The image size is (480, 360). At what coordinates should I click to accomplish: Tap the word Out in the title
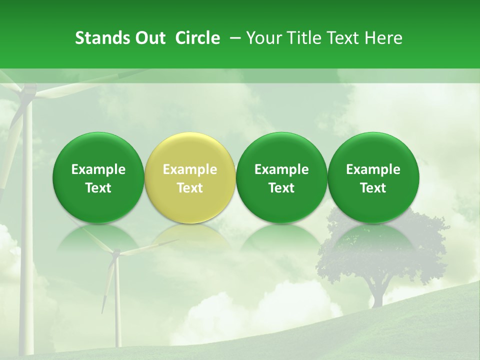click(x=149, y=38)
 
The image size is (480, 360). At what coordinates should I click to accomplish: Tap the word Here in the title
click(x=383, y=38)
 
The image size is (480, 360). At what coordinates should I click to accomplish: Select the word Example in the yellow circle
click(x=190, y=169)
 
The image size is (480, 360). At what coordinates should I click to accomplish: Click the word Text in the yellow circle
click(x=190, y=188)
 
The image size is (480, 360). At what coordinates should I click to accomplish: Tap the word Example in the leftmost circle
click(x=98, y=169)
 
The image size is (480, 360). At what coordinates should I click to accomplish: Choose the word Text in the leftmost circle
click(x=98, y=188)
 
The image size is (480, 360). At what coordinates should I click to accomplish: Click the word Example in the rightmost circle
click(x=373, y=169)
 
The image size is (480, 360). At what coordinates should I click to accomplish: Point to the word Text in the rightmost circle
click(x=373, y=188)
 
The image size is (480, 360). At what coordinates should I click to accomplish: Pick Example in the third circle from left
click(x=281, y=169)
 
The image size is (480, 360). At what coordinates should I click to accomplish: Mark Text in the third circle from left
click(x=281, y=188)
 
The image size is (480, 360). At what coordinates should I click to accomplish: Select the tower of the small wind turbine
click(x=117, y=305)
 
